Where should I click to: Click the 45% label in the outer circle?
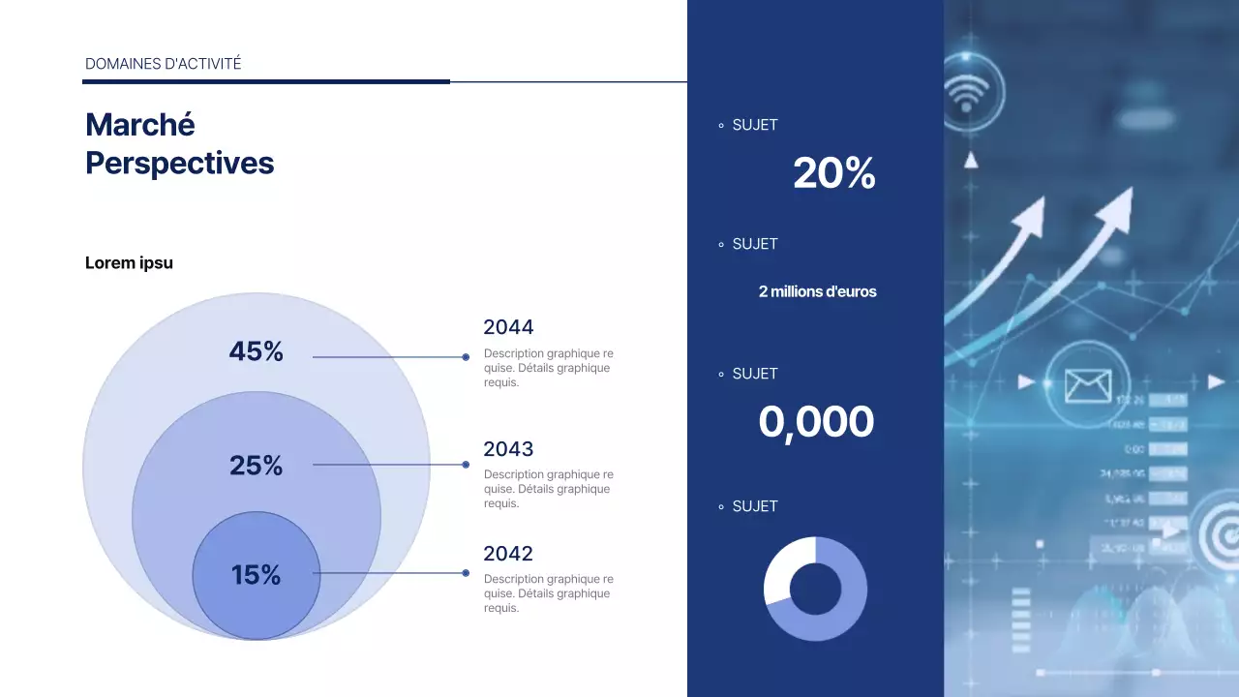(256, 351)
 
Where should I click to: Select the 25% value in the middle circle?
(256, 466)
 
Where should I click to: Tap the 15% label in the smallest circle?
(256, 575)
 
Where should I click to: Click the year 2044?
(508, 327)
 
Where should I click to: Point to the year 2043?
(508, 449)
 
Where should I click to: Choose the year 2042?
(508, 554)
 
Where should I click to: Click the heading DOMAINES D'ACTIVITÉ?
(164, 64)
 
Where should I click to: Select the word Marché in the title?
(140, 125)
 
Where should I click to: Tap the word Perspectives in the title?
(180, 163)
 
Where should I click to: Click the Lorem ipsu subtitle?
(129, 262)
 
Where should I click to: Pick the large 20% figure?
(833, 173)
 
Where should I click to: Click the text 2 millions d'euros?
(817, 291)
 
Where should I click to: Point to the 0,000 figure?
(816, 422)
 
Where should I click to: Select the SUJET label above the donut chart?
(755, 506)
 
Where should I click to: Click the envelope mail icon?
(1087, 385)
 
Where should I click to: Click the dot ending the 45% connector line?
(466, 357)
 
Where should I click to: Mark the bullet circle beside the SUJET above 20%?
(721, 126)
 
